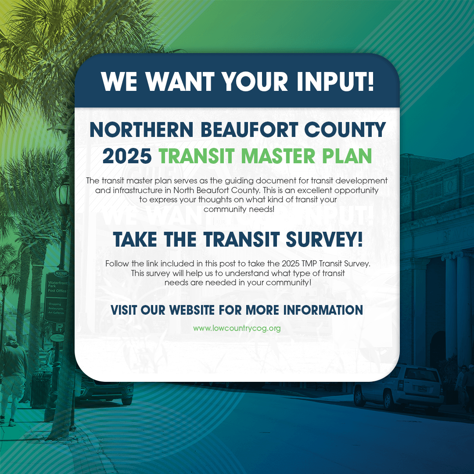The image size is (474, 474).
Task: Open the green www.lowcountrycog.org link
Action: (237, 328)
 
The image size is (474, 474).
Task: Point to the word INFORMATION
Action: (323, 310)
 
